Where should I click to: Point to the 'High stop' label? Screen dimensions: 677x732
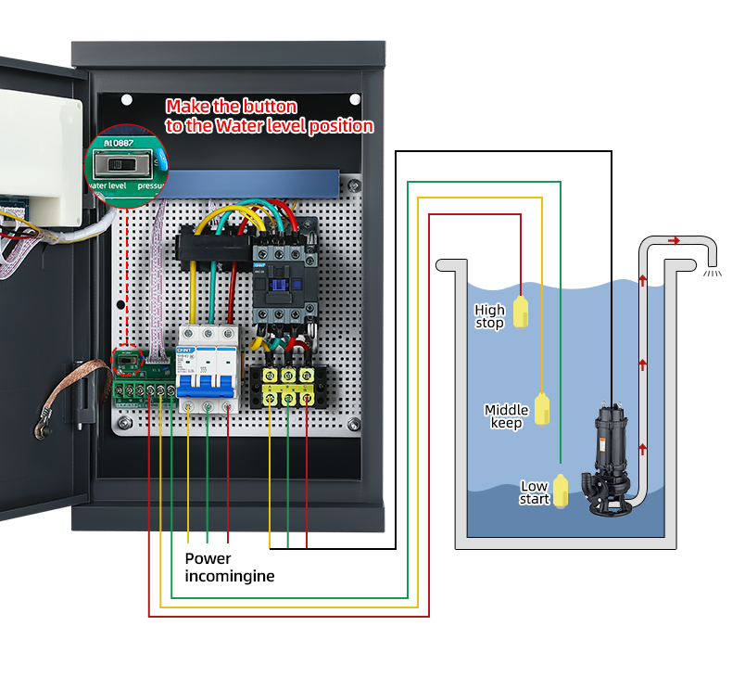click(x=489, y=316)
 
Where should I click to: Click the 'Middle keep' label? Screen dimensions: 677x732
click(x=506, y=416)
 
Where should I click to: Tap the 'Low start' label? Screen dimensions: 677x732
click(x=534, y=492)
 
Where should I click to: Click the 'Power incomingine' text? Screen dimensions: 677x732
click(x=229, y=567)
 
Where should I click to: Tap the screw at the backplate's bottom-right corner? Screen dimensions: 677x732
click(x=353, y=425)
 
